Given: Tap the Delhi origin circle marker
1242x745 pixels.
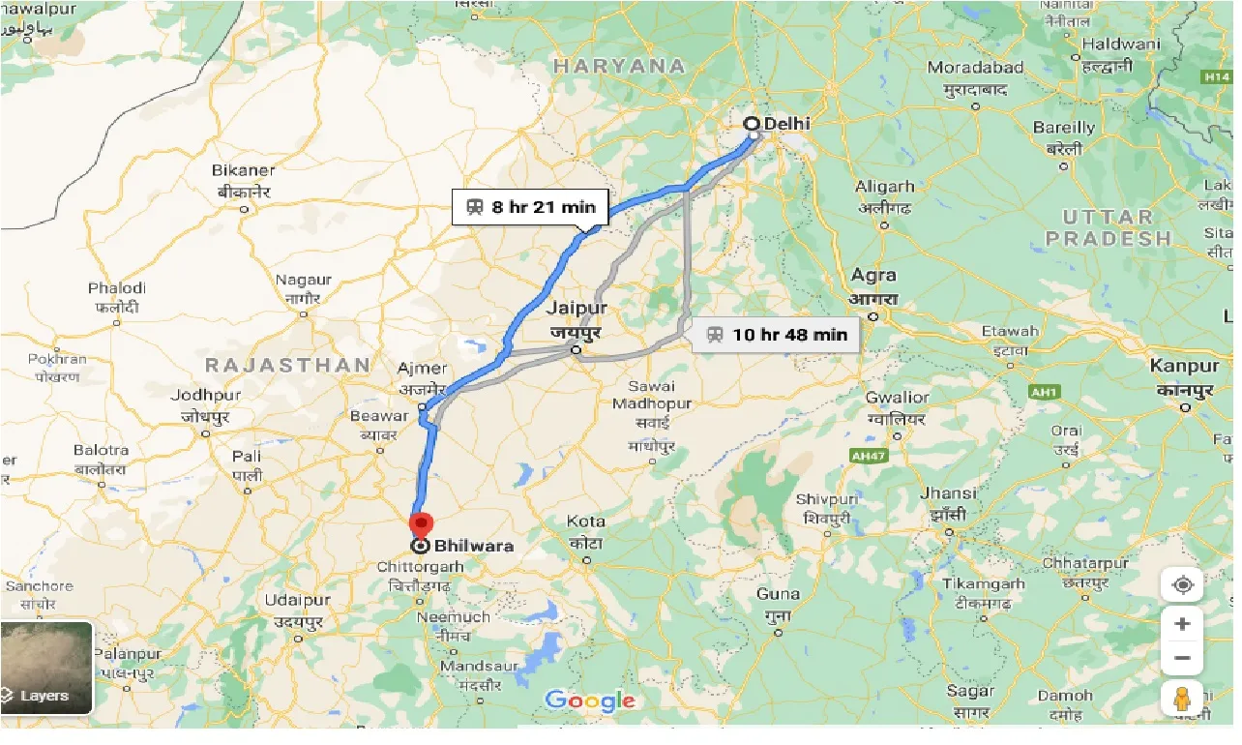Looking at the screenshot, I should [x=752, y=124].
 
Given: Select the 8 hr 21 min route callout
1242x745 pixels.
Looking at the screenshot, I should [x=530, y=207].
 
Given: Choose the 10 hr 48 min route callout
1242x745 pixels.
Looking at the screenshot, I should [x=776, y=335].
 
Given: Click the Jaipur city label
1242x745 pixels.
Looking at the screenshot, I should [x=577, y=309].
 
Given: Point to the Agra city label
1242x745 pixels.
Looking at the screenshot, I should [x=873, y=276].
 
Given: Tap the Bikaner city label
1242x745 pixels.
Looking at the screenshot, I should [x=244, y=170].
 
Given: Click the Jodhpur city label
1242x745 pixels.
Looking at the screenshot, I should [x=205, y=396].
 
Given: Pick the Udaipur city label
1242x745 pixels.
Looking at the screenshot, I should [x=297, y=600].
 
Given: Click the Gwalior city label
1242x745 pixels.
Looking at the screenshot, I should [x=897, y=397].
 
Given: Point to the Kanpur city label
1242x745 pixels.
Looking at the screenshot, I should [x=1184, y=367].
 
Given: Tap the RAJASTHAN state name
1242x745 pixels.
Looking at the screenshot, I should [x=288, y=365].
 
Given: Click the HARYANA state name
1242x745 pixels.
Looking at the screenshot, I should [x=619, y=67].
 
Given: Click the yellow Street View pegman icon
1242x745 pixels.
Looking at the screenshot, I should [x=1182, y=698].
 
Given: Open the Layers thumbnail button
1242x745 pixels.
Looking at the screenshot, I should [x=46, y=668].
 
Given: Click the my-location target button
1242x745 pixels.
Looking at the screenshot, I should [x=1182, y=585].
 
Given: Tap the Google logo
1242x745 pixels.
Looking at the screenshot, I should [x=590, y=700].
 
